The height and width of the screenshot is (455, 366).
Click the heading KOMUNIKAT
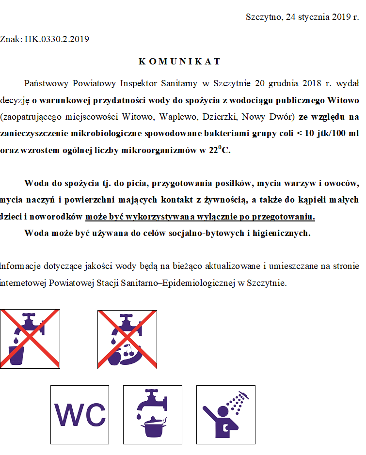[179, 62]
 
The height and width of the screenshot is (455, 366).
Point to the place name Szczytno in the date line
[264, 17]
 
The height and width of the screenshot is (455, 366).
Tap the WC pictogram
[80, 414]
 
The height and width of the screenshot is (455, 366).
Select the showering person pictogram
[225, 414]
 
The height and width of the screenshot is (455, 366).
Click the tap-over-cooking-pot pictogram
[153, 414]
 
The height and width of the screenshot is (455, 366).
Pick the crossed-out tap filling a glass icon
[30, 339]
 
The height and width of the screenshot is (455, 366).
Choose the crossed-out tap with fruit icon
[127, 339]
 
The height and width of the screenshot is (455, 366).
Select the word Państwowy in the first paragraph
[45, 83]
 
